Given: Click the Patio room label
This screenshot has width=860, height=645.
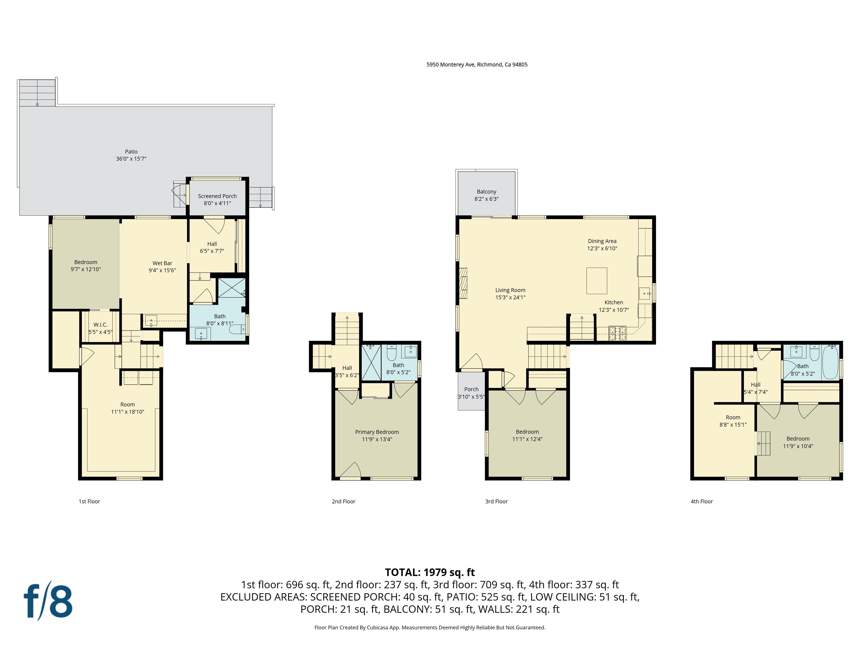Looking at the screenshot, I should coord(131,152).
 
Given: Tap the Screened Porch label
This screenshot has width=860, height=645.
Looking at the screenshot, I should coord(217,196).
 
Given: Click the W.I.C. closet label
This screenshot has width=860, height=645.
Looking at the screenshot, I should coord(100,325).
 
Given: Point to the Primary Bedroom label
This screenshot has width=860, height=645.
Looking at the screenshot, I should coord(377,432).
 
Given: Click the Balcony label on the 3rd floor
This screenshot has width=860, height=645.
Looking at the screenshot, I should coord(486,192).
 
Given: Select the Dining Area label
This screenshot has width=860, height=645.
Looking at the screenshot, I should coord(602,241).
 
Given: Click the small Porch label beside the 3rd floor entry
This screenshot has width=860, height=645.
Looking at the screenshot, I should coord(471,389).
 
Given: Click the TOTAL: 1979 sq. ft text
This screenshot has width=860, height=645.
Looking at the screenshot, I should coord(430,572).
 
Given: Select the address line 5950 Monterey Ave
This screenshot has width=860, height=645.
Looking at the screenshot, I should coord(477,65).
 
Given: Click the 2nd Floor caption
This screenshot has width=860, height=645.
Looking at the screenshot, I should coord(343,502).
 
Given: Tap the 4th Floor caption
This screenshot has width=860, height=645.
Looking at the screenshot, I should coord(701,502).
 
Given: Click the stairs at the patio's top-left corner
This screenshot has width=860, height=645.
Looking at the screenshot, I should coord(37,93).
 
